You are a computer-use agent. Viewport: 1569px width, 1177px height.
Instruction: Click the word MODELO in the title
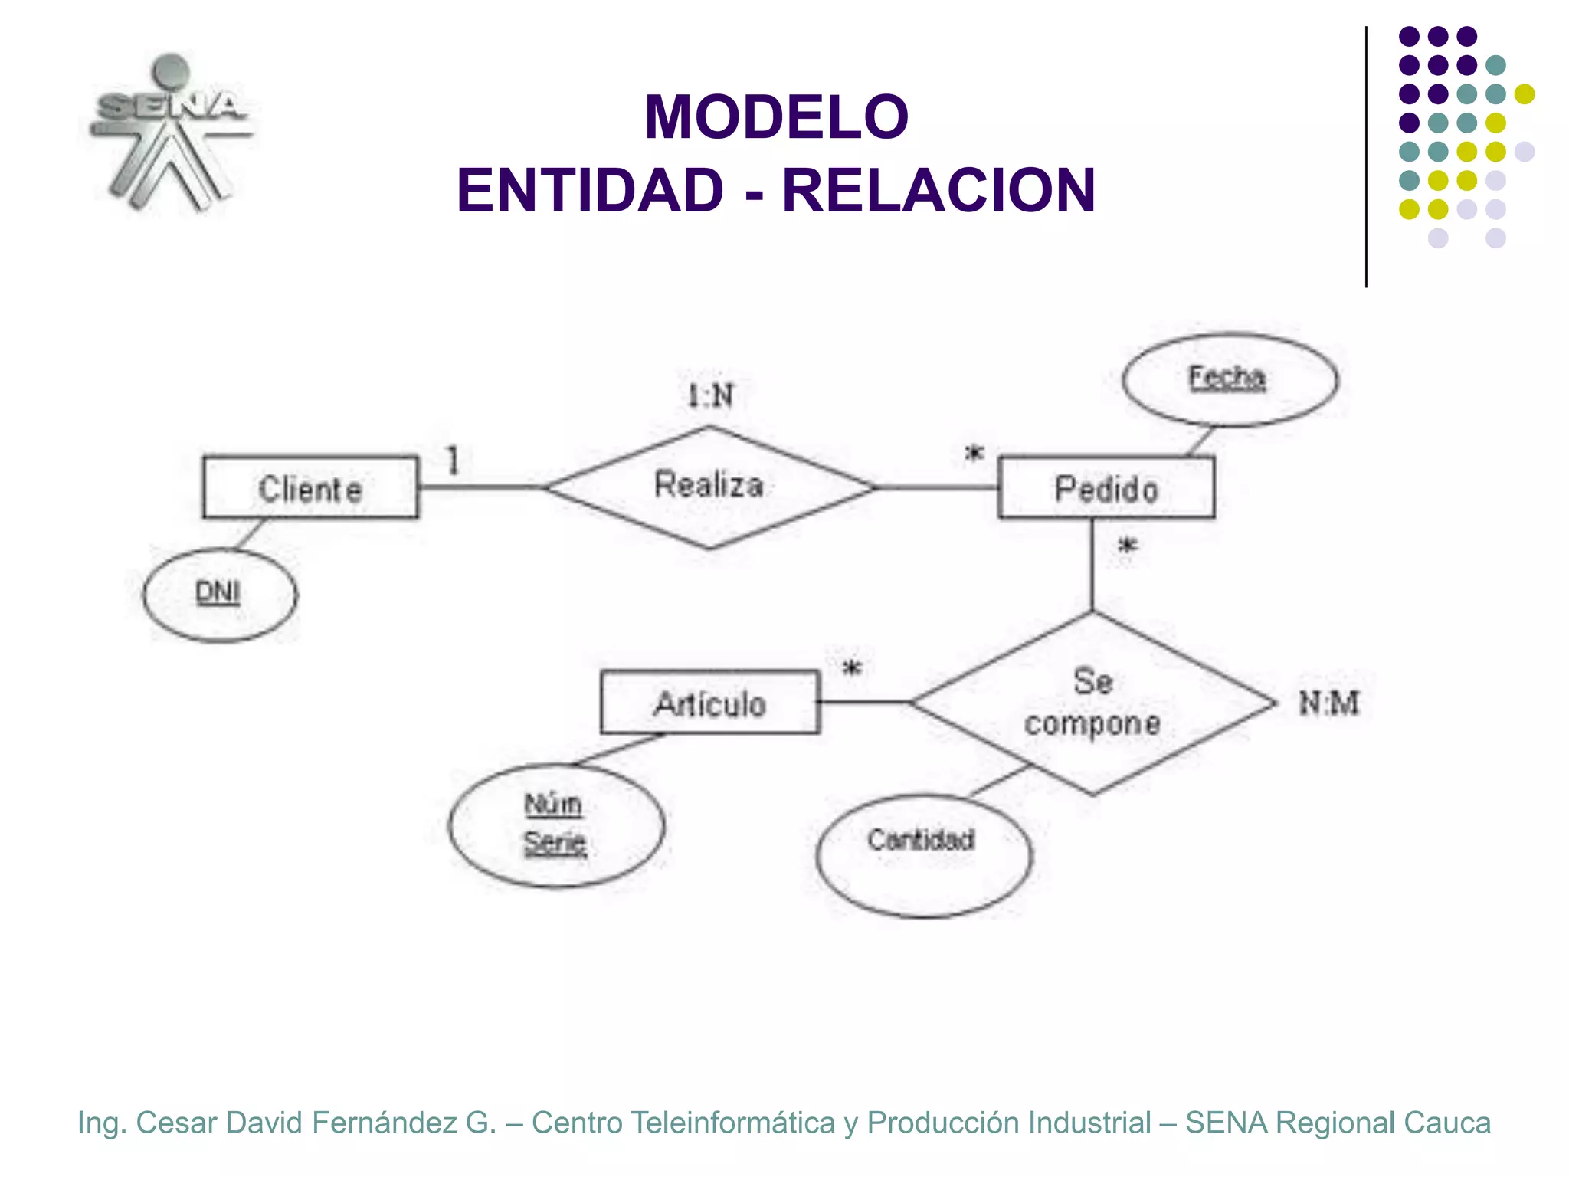[x=776, y=117]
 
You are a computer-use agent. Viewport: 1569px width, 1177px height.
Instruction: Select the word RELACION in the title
[x=938, y=191]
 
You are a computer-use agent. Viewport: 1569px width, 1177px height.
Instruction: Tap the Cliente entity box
[x=310, y=488]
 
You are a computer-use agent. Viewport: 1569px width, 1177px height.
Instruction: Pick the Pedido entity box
[x=1106, y=488]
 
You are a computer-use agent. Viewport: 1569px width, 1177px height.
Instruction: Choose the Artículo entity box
[x=709, y=703]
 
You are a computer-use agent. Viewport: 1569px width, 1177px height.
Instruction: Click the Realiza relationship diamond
[x=709, y=487]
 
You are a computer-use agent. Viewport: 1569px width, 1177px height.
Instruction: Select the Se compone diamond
[x=1092, y=703]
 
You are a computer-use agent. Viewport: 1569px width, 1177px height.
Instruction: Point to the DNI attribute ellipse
[x=220, y=595]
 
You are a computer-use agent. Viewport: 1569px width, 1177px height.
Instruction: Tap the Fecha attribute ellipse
[x=1229, y=379]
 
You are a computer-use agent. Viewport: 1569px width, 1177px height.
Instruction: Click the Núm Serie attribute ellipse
[x=555, y=825]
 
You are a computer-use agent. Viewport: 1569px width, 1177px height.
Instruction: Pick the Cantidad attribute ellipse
[x=923, y=854]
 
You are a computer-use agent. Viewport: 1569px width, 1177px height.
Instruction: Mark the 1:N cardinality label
[x=710, y=396]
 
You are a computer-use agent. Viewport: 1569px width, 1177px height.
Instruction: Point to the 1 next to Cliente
[x=453, y=461]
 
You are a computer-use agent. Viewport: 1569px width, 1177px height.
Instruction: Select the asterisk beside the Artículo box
[x=852, y=669]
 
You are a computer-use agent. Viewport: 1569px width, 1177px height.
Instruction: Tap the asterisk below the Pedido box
[x=1128, y=547]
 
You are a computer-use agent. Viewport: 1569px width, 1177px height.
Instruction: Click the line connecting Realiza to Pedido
[x=937, y=487]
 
